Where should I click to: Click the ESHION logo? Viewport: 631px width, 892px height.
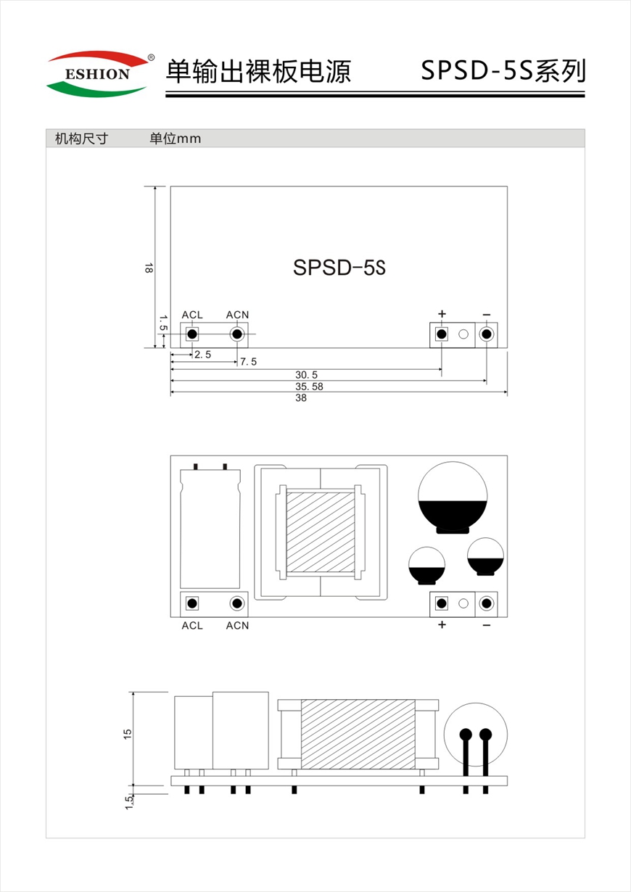100,73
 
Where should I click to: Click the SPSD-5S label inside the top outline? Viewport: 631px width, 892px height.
339,268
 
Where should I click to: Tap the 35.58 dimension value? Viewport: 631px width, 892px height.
309,387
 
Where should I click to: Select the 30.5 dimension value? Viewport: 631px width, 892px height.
306,375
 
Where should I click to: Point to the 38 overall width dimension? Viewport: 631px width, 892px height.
301,398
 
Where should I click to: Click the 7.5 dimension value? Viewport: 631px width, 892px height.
248,362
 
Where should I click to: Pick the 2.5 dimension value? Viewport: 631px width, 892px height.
203,355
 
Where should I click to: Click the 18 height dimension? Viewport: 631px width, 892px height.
148,268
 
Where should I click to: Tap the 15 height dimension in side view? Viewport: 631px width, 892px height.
128,734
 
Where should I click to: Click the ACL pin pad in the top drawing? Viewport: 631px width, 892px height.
192,334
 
